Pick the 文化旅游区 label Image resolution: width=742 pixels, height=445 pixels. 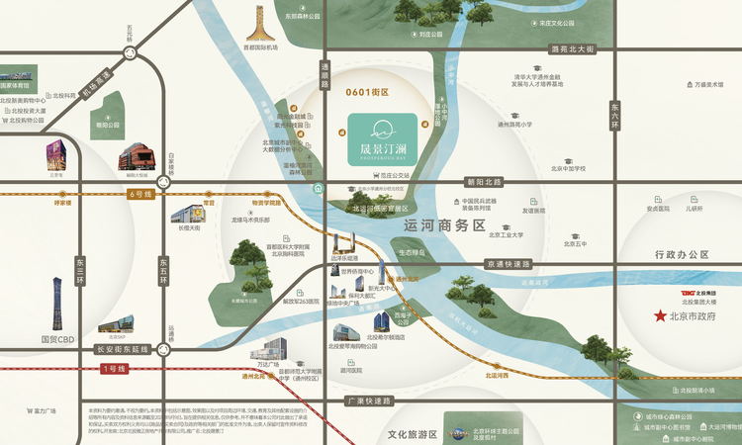point(413,434)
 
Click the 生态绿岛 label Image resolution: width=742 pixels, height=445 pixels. point(413,252)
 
